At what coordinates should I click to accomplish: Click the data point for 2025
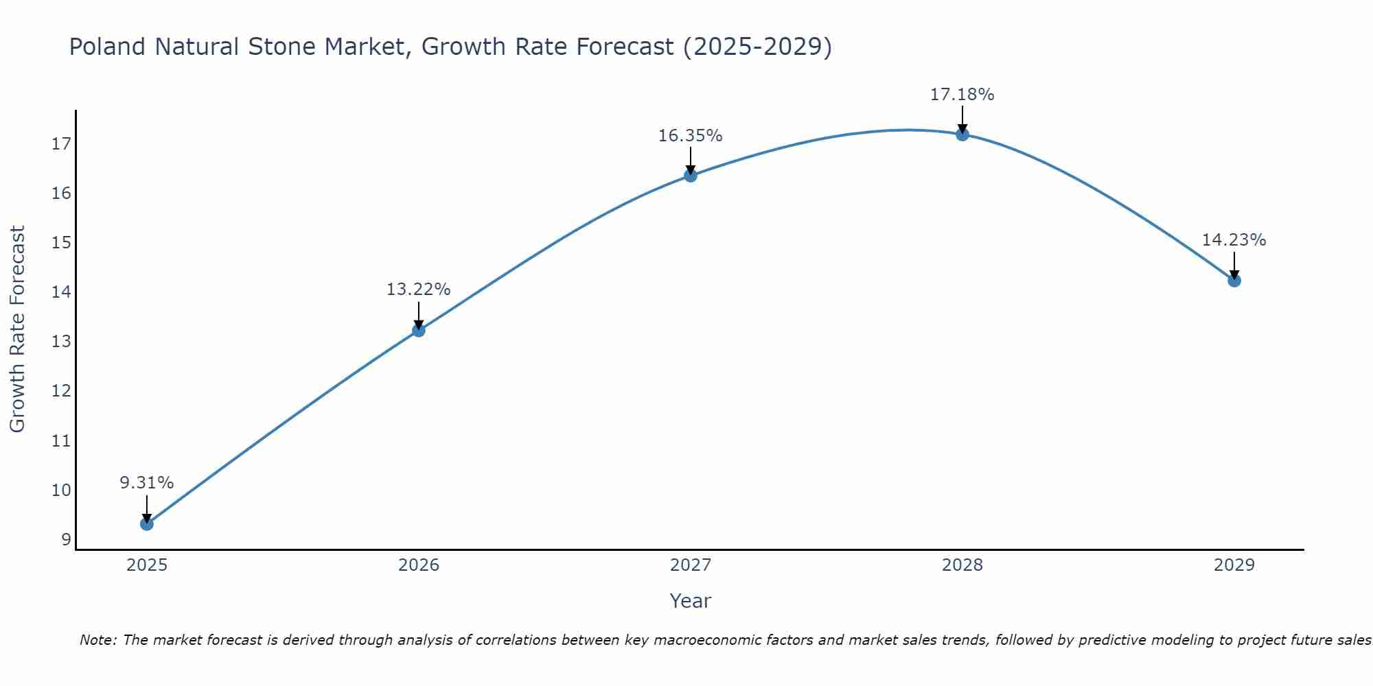pos(146,524)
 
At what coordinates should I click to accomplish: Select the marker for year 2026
pos(418,331)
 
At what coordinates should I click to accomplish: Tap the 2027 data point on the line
pos(691,176)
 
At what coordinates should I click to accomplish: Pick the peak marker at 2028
pos(962,134)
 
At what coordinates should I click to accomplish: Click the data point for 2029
pos(1234,281)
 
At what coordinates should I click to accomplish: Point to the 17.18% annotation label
pos(962,95)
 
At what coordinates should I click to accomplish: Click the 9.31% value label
pos(146,483)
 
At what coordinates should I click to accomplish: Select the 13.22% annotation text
pos(418,289)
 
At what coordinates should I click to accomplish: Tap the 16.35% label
pos(690,136)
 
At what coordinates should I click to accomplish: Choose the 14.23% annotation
pos(1234,240)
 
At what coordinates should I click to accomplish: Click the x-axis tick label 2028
pos(962,565)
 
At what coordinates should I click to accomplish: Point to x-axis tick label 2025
pos(147,565)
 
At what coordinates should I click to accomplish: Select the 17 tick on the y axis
pos(61,144)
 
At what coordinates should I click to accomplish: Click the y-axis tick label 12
pos(61,391)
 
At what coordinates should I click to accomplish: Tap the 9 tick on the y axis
pos(66,540)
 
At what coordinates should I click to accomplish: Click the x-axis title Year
pos(690,601)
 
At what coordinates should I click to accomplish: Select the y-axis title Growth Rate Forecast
pos(17,329)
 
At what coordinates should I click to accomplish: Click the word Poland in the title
pos(107,47)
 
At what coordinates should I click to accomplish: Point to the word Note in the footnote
pos(98,640)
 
